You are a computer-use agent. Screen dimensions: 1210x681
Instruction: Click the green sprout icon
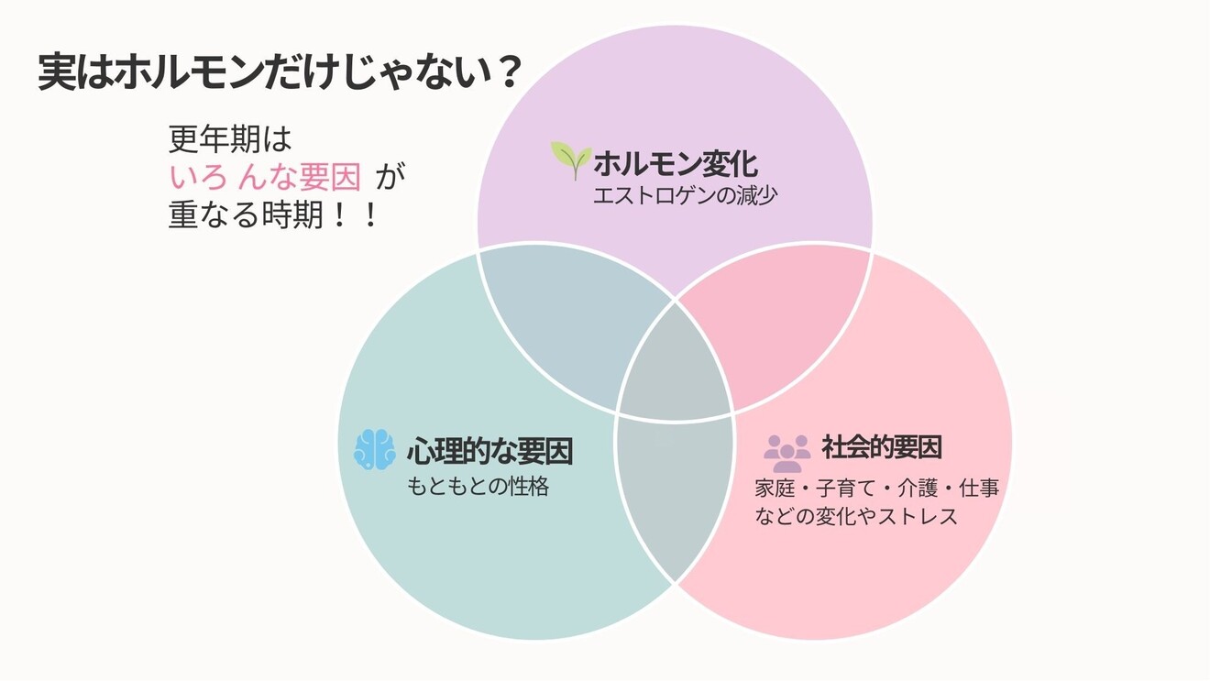[570, 160]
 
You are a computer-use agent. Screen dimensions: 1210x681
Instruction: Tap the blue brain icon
[374, 449]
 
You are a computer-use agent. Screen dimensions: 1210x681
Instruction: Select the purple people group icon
[787, 451]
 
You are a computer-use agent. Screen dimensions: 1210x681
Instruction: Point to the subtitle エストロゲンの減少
[685, 196]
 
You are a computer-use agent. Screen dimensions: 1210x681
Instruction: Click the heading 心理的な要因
[489, 451]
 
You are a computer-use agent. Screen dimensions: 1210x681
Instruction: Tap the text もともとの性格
[478, 487]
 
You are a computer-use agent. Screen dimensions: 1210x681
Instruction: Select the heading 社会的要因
[882, 447]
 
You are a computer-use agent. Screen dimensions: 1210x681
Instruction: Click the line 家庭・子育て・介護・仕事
[876, 488]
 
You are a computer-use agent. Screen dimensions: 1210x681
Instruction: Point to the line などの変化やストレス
[856, 516]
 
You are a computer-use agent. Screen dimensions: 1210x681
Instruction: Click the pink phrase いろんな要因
[265, 176]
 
